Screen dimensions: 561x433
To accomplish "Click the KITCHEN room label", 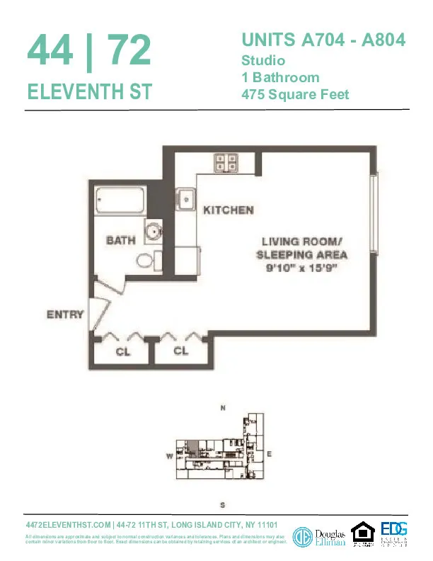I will coord(228,210).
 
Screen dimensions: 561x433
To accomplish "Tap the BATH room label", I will coord(120,240).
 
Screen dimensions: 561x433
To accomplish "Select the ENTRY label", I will coord(65,314).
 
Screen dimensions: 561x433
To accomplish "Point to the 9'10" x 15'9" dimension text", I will coord(301,268).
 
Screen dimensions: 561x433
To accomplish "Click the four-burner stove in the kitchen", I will coord(226,163).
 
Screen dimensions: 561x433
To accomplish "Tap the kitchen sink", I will coord(186,199).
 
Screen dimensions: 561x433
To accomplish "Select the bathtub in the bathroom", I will coord(120,201).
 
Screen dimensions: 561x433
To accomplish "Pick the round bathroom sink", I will coord(154,230).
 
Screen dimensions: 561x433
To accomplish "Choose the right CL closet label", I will coord(181,351).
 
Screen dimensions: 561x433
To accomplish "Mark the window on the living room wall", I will coord(375,216).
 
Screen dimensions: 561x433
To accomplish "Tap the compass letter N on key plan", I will coord(223,409).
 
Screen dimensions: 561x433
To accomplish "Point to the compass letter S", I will coord(222,505).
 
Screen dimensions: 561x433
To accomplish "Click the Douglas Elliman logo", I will coord(319,536).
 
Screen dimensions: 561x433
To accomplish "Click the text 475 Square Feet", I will coord(295,94).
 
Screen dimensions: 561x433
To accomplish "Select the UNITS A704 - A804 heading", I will coord(323,40).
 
